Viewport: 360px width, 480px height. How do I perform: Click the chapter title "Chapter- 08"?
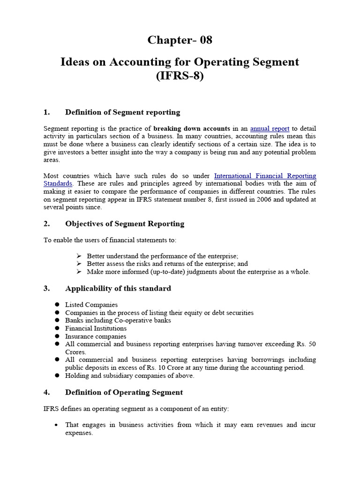click(180, 40)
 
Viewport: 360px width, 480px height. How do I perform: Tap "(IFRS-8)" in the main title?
click(180, 76)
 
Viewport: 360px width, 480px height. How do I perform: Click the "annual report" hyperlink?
click(270, 128)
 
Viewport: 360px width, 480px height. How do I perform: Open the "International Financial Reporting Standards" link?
click(265, 176)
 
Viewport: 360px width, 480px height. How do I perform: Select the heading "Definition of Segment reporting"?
click(122, 112)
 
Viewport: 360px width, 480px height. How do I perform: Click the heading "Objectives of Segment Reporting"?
click(124, 224)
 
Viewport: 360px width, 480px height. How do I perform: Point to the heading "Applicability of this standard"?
click(118, 288)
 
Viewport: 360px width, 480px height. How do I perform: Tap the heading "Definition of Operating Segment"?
click(124, 392)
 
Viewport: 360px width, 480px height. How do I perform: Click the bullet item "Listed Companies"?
click(91, 305)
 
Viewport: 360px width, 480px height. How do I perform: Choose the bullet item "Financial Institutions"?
click(96, 328)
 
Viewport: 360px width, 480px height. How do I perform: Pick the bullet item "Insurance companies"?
click(96, 336)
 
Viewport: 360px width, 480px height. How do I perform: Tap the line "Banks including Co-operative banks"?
click(118, 321)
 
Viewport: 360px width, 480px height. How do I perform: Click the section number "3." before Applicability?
click(46, 288)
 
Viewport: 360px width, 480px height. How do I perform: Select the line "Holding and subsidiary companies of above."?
click(129, 375)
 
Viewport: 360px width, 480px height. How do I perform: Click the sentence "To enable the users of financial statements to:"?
click(110, 240)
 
